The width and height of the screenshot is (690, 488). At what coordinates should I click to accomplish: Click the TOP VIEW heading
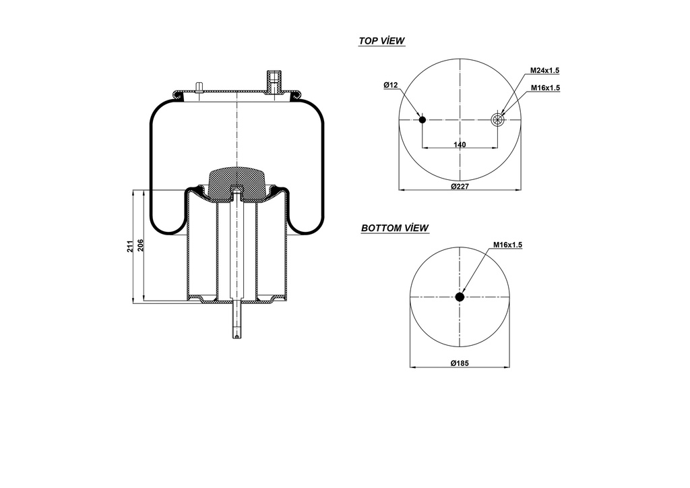[381, 41]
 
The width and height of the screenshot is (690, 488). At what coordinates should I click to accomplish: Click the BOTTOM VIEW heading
[395, 228]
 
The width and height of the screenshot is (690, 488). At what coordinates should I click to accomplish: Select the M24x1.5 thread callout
[544, 71]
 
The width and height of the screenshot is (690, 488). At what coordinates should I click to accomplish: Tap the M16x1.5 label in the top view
[545, 88]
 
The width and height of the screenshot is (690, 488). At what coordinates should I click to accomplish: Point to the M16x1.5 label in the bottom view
[507, 245]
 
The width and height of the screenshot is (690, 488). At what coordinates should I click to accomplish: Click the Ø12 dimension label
[391, 85]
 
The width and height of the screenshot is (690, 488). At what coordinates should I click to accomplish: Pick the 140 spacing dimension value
[460, 145]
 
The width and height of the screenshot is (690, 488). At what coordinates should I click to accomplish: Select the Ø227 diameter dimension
[460, 186]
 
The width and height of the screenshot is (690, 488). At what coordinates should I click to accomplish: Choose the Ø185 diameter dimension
[460, 363]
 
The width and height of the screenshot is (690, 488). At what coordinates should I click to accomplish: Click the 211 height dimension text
[130, 247]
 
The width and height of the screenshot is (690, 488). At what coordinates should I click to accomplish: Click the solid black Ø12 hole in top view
[422, 120]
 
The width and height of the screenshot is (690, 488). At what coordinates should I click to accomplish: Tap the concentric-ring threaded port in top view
[498, 120]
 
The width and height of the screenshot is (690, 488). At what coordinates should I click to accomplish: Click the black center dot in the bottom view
[460, 297]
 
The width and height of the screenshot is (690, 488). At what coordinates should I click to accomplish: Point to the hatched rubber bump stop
[235, 183]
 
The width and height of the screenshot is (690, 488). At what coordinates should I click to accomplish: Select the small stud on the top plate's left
[199, 86]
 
